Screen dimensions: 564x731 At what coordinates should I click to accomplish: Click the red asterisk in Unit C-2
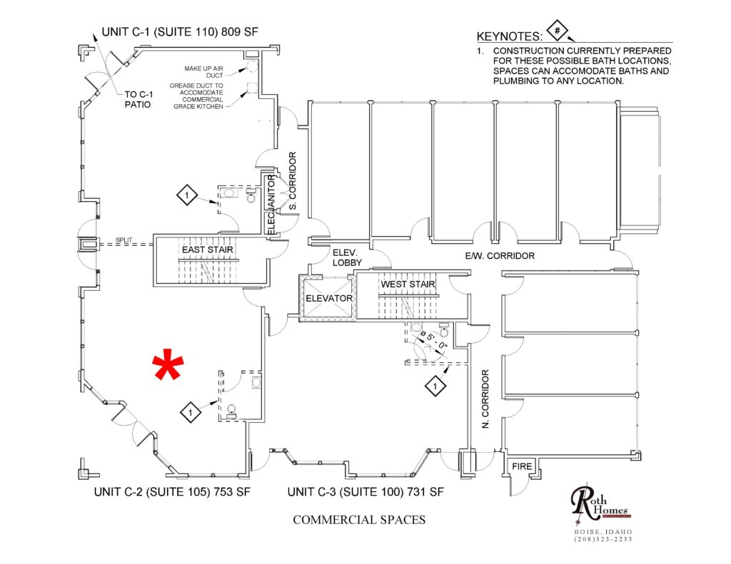[168, 366]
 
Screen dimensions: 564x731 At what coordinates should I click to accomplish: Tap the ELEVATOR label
[329, 298]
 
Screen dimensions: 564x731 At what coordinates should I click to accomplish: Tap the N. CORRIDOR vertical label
[485, 399]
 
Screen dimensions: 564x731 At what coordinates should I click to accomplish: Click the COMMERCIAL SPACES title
[359, 520]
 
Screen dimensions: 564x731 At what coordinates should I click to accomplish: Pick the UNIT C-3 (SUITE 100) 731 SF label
[365, 492]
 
